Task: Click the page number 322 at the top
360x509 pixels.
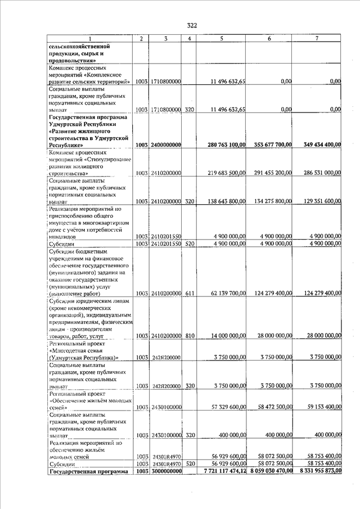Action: point(192,25)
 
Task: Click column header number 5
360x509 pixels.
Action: point(222,38)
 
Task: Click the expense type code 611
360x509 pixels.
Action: point(190,293)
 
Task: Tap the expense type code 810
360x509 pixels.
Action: point(190,336)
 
